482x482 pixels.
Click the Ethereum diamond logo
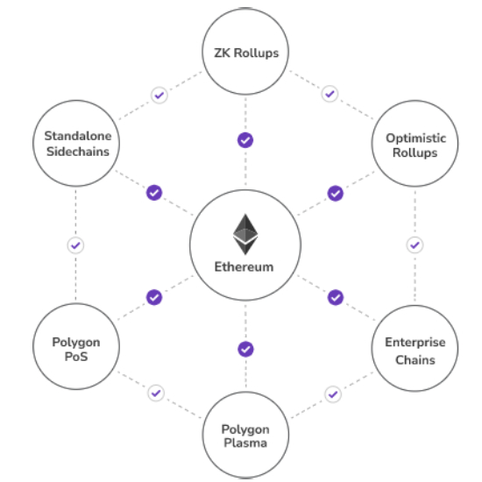[245, 234]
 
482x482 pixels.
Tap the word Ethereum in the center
[244, 266]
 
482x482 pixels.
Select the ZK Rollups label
[246, 53]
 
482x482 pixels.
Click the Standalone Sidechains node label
[78, 144]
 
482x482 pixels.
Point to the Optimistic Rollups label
[415, 145]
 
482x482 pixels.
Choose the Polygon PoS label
[76, 349]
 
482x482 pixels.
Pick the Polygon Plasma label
[245, 436]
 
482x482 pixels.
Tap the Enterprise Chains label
[415, 351]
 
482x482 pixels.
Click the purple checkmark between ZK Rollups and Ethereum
[245, 140]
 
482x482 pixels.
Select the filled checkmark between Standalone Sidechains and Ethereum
[154, 193]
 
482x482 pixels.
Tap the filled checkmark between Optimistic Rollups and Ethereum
[336, 194]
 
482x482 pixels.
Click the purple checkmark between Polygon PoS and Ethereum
[154, 297]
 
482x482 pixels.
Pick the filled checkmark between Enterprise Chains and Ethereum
[336, 297]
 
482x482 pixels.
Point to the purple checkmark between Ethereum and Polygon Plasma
[245, 349]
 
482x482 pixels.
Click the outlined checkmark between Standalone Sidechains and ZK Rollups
[159, 96]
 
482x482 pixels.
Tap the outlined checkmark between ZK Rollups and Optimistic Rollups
[330, 94]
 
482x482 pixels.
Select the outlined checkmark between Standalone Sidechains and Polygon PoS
[75, 245]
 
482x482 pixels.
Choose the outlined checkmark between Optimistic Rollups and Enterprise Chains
[415, 245]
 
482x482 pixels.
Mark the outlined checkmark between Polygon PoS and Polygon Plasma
[156, 393]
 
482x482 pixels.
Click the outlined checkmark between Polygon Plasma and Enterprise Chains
[333, 394]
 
